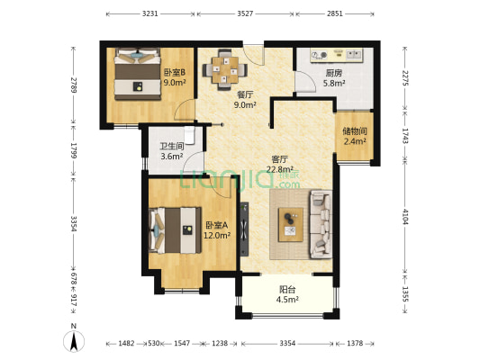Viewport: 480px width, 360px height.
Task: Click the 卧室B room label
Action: [x=174, y=72]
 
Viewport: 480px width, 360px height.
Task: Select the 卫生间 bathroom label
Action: [x=172, y=146]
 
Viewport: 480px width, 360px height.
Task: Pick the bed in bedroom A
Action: [x=175, y=232]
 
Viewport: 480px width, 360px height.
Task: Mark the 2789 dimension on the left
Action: [x=75, y=90]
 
